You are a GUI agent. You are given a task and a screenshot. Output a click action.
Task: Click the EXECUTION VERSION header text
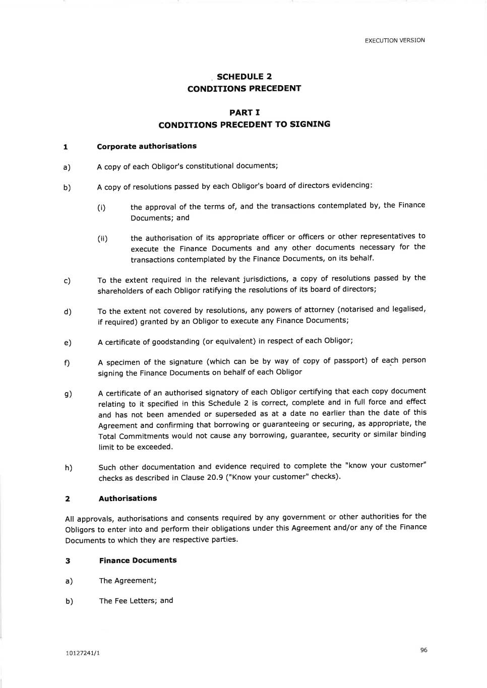(395, 40)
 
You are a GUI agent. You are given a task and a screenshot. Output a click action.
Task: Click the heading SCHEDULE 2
(244, 77)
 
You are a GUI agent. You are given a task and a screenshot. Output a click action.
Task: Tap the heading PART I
(245, 112)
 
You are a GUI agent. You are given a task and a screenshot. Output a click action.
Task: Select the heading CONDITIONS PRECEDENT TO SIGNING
(245, 124)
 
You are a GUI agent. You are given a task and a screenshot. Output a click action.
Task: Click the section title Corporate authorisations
(147, 146)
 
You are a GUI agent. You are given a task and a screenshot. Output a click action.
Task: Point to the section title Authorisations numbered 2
(128, 498)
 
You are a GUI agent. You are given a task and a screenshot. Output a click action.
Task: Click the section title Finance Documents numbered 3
(138, 560)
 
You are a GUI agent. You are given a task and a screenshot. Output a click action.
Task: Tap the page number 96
(423, 650)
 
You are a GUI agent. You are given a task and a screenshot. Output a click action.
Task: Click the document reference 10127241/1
(83, 653)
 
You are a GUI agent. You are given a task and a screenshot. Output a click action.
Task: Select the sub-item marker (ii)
(102, 239)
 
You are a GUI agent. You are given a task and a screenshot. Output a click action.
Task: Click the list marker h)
(69, 468)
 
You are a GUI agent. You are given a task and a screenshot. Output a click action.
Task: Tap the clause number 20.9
(215, 477)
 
